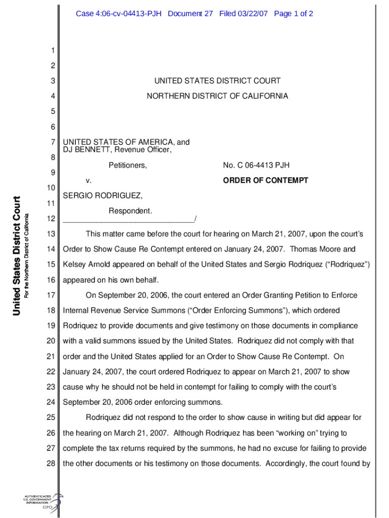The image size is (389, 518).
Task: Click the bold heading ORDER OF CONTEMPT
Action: pos(266,181)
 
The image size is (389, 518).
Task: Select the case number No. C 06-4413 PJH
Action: pos(256,165)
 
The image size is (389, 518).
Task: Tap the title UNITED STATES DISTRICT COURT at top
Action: pos(217,80)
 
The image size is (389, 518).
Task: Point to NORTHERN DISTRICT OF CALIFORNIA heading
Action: pos(217,96)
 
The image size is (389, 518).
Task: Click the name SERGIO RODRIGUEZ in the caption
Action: pos(103,195)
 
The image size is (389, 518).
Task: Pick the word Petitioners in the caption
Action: pos(127,165)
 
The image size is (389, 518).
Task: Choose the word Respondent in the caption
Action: pos(130,210)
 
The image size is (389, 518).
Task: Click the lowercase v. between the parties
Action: pos(88,181)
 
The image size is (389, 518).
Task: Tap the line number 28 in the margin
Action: pos(50,463)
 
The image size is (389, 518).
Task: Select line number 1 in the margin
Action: pos(52,50)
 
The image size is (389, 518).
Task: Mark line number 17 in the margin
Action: pos(50,295)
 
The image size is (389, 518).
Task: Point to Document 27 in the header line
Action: pos(190,14)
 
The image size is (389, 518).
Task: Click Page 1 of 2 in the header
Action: pos(294,14)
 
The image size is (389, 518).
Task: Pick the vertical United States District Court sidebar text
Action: pos(17,255)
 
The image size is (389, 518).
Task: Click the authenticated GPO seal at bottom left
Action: pos(43,502)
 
